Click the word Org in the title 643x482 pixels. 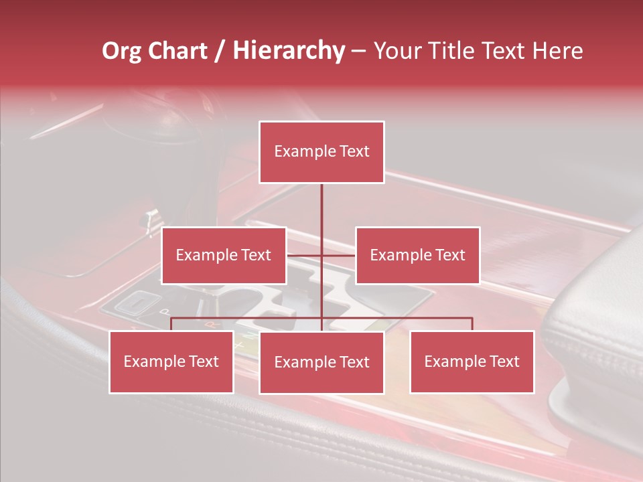click(x=121, y=51)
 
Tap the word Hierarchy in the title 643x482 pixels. click(x=289, y=51)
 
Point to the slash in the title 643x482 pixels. click(x=220, y=51)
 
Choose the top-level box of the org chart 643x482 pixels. click(x=321, y=152)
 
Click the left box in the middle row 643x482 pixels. click(x=224, y=255)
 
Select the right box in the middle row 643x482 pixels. click(x=417, y=255)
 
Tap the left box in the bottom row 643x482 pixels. click(x=171, y=362)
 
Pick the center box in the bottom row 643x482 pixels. click(x=321, y=363)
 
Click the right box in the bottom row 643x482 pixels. click(x=472, y=362)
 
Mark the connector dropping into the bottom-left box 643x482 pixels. click(x=171, y=324)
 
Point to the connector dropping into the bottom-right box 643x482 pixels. click(x=472, y=324)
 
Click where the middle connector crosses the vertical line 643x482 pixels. click(x=321, y=255)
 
